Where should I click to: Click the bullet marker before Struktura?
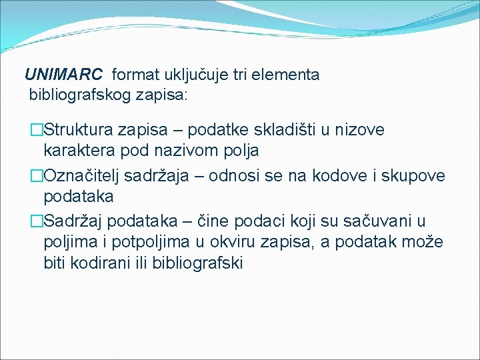(x=37, y=129)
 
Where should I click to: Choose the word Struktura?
(x=79, y=129)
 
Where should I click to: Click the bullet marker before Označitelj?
(x=37, y=175)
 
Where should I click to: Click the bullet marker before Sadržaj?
(x=37, y=220)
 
